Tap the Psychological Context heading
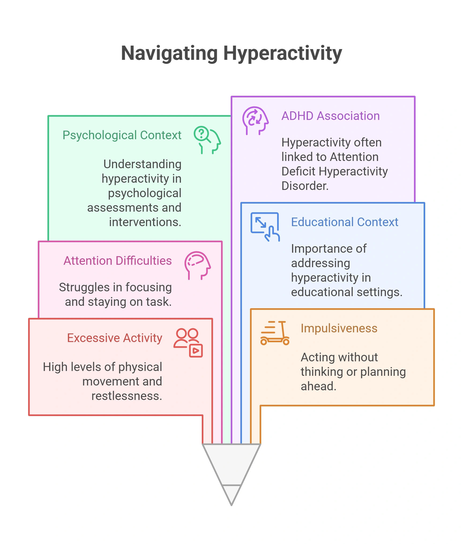pos(122,135)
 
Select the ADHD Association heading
pos(331,116)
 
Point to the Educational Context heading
pos(345,222)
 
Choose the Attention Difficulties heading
pos(118,261)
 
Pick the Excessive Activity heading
pos(115,338)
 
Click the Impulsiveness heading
pos(339,328)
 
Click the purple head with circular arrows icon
pos(255,121)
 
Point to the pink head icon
pos(198,266)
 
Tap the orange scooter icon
pos(275,333)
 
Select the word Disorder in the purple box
pos(305,186)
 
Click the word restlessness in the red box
pos(127,396)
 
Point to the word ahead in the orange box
pos(319,387)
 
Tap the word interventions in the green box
pos(145,222)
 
